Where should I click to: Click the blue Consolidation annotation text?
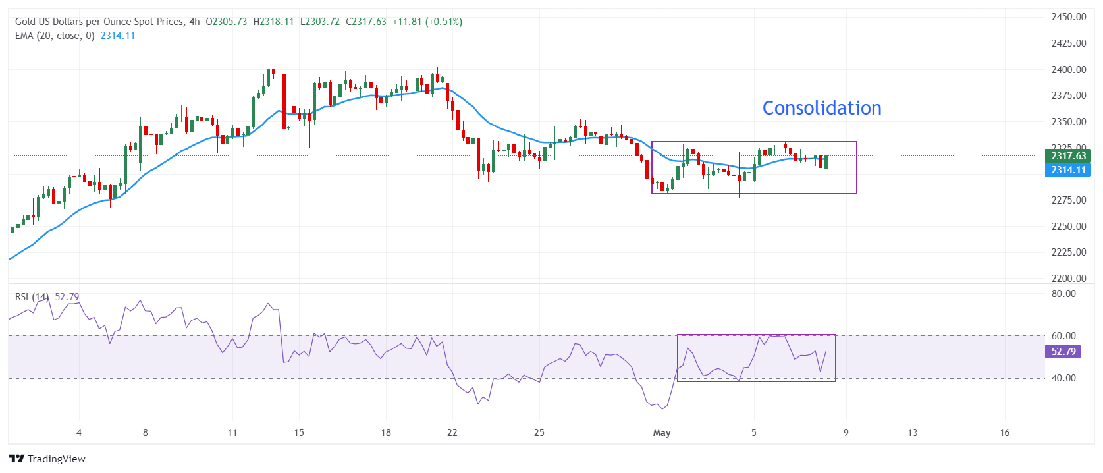pos(821,108)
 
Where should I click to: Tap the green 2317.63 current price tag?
pos(1067,156)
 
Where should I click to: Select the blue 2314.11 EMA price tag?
pos(1067,170)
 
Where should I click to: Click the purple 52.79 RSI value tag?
pos(1063,352)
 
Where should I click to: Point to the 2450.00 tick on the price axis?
pos(1068,17)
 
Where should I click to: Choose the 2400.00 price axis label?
pos(1068,70)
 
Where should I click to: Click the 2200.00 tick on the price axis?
pos(1068,279)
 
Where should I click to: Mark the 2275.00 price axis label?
pos(1068,200)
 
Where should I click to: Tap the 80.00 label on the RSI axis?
pos(1063,294)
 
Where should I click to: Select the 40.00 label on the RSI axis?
pos(1063,378)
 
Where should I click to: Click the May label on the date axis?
pos(662,433)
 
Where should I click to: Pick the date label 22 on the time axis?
pos(452,433)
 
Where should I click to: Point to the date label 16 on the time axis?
pos(1004,433)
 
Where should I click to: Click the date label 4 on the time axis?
pos(79,433)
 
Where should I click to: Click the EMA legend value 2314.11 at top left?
pos(117,36)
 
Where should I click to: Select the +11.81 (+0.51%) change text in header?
pos(427,22)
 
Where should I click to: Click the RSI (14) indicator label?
pos(32,297)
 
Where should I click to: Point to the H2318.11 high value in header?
pos(273,22)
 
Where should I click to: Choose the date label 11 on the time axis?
pos(232,433)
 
